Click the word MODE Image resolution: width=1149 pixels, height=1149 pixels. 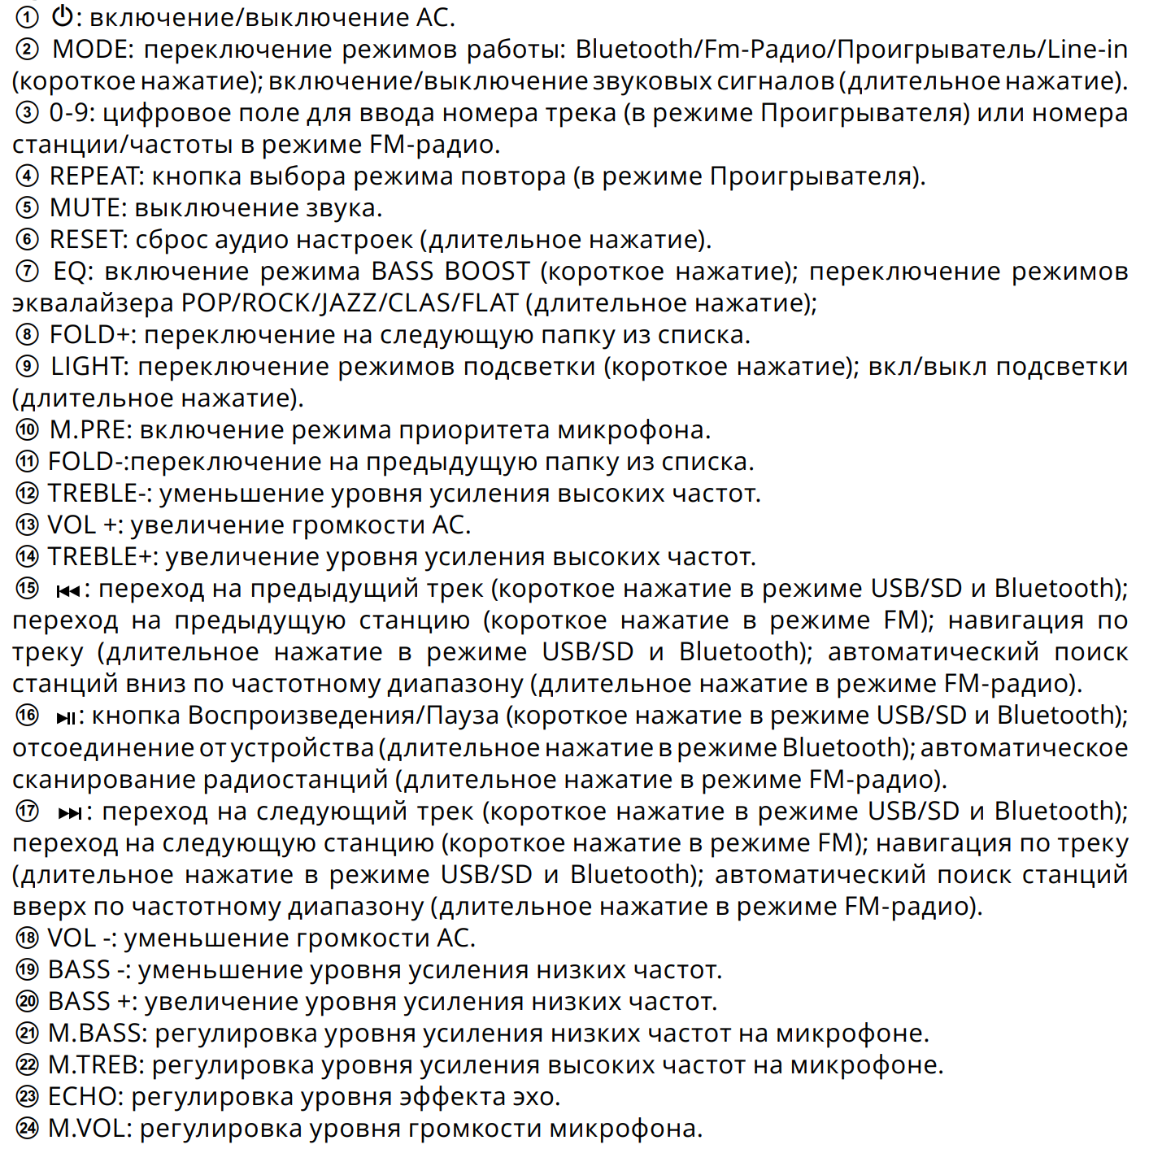point(91,50)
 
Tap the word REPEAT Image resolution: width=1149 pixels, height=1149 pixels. point(95,176)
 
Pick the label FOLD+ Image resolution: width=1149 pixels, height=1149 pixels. point(92,335)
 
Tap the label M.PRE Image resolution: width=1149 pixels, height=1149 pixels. point(89,430)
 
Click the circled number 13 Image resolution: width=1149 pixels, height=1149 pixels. point(27,525)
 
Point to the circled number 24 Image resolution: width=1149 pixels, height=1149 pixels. point(27,1129)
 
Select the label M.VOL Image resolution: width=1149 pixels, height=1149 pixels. point(89,1129)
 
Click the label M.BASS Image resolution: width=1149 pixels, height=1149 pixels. point(97,1034)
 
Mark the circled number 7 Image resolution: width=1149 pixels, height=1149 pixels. point(27,272)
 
